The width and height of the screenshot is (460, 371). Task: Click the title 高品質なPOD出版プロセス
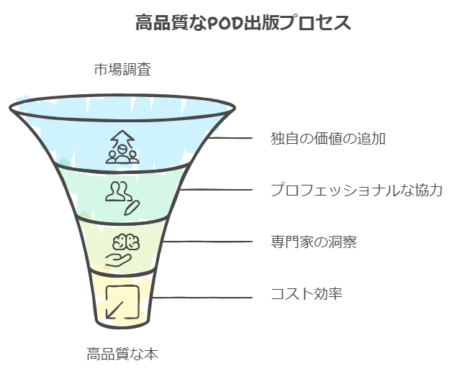pyautogui.click(x=243, y=22)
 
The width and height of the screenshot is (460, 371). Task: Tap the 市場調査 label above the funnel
pyautogui.click(x=122, y=70)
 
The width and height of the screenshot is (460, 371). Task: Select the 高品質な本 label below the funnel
pyautogui.click(x=122, y=354)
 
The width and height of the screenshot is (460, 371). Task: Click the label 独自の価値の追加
pyautogui.click(x=328, y=138)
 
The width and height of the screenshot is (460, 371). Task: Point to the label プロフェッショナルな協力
pyautogui.click(x=356, y=190)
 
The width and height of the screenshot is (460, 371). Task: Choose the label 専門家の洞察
pyautogui.click(x=314, y=242)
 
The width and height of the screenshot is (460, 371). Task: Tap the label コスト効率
pyautogui.click(x=306, y=293)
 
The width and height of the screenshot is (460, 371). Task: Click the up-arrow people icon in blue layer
pyautogui.click(x=122, y=147)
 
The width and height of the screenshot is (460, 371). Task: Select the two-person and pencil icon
pyautogui.click(x=122, y=198)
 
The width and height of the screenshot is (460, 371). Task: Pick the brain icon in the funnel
pyautogui.click(x=126, y=242)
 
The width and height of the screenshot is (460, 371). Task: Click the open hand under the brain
pyautogui.click(x=118, y=260)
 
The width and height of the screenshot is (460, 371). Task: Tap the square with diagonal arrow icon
pyautogui.click(x=122, y=302)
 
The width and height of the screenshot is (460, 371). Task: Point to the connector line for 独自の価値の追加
pyautogui.click(x=230, y=138)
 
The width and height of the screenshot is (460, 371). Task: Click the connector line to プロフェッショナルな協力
pyautogui.click(x=216, y=190)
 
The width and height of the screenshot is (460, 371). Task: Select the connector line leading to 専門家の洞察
pyautogui.click(x=208, y=242)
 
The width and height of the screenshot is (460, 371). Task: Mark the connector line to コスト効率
pyautogui.click(x=202, y=298)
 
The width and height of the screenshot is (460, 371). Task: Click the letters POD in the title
pyautogui.click(x=225, y=24)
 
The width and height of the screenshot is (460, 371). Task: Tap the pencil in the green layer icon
pyautogui.click(x=132, y=208)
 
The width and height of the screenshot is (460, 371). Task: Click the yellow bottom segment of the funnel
pyautogui.click(x=122, y=299)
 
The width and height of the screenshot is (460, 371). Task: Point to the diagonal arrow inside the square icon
pyautogui.click(x=114, y=310)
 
